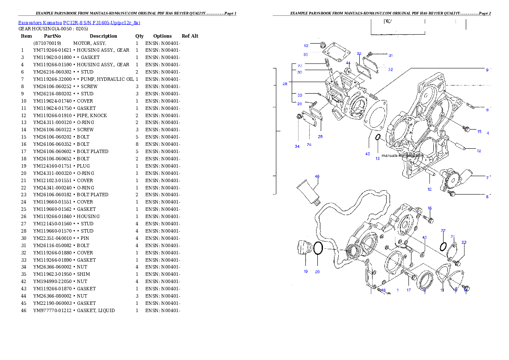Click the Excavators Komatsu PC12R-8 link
[79, 23]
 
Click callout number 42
[306, 46]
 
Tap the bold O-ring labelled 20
[318, 248]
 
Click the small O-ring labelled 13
[378, 137]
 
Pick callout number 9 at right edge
[487, 70]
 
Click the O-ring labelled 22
[444, 247]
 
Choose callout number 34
[297, 146]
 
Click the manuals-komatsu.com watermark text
[402, 156]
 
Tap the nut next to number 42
[323, 44]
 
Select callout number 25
[320, 137]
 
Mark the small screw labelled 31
[370, 54]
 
